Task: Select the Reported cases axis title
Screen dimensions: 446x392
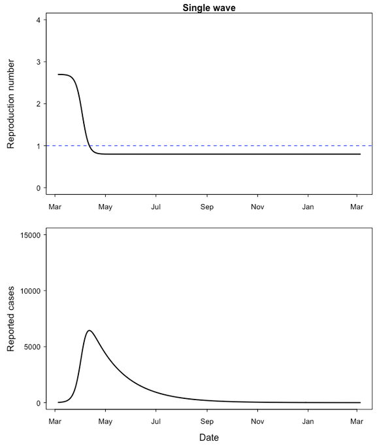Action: (11, 318)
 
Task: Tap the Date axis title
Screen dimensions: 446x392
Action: (208, 437)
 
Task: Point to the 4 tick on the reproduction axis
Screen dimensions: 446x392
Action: (39, 20)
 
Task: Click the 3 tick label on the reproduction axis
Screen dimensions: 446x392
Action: (39, 61)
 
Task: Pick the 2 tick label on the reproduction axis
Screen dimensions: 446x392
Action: (39, 104)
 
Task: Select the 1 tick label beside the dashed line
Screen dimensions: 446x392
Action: (39, 146)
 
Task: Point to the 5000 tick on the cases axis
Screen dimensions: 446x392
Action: (33, 347)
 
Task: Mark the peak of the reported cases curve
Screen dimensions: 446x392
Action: (89, 330)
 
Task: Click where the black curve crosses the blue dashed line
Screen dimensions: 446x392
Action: (90, 145)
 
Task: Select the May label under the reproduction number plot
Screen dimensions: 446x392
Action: (105, 207)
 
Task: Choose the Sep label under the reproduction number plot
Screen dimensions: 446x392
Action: (207, 207)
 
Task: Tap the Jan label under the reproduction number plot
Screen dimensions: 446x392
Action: (308, 207)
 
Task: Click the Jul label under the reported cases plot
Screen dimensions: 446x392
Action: (155, 421)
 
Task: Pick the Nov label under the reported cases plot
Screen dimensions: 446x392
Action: (257, 421)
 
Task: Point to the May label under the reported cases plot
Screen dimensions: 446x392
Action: (105, 421)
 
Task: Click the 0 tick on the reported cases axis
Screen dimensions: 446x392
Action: (39, 403)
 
